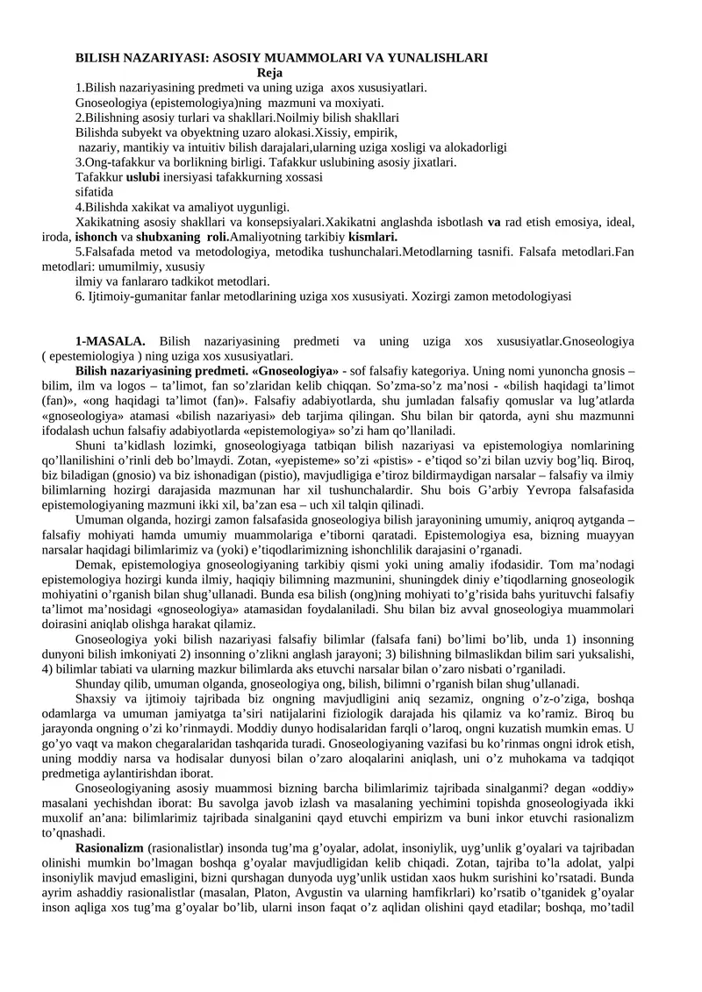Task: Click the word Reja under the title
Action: [269, 73]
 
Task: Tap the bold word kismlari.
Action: [373, 237]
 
